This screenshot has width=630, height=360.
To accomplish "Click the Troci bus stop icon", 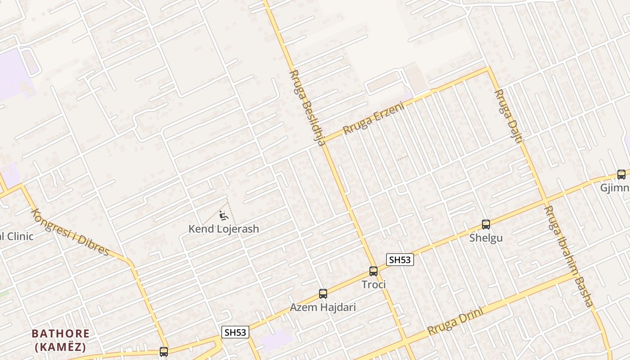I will coord(373,271).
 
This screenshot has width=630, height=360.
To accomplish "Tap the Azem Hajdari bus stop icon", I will coord(323,294).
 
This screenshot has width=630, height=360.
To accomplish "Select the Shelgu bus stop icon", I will coord(486,224).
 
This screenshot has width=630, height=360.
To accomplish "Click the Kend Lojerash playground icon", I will coord(223,216).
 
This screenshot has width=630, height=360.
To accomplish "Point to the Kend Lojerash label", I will coord(224,229).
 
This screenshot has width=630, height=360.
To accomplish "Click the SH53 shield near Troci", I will coord(400,260).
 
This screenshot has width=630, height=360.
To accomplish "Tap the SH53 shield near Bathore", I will coord(235,332).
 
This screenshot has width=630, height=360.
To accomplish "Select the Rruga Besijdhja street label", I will coord(307,108).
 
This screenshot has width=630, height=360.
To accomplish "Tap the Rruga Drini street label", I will coord(455,320).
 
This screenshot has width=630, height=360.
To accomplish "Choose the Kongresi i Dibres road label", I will coord(71,232).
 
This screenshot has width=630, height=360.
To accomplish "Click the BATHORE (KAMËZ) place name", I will coord(60,340).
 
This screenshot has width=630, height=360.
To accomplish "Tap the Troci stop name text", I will coord(373,284).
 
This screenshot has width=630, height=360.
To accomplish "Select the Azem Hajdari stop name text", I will coord(323,307).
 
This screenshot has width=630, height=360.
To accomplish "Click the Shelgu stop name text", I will coord(486,238).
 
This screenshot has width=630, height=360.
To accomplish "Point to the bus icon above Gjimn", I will coord(621,174).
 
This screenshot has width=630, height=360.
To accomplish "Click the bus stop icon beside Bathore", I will coord(164,351).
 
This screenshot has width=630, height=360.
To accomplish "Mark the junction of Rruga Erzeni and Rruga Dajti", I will coord(488,69).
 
